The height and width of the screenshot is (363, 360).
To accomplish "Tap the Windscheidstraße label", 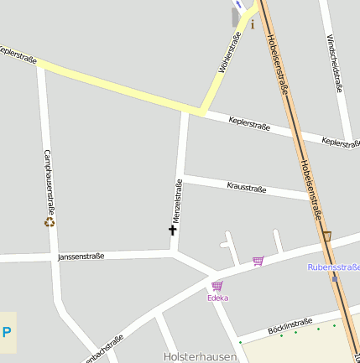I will coord(336,63).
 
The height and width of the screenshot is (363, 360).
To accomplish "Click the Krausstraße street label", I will coord(246,188).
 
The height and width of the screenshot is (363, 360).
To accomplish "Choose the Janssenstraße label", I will coord(81,256).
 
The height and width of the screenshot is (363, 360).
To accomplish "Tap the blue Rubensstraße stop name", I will coord(334,267).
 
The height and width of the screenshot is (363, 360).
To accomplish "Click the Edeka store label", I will coord(218,298).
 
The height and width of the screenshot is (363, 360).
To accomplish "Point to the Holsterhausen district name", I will coord(201,356).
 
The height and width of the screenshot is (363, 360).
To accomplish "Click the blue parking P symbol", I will coord(7,332).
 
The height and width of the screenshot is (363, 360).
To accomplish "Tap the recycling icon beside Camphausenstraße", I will coord(50,222).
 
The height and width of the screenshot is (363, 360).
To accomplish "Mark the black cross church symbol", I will coord(173,229).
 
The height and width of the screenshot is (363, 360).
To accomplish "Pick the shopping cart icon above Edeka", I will coord(217,286).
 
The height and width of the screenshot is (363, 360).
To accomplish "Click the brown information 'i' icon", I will coord(253,23).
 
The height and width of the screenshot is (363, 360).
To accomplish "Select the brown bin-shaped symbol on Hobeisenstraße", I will coord(326,236).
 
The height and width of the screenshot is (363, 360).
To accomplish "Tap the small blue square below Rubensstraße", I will coord(334,278).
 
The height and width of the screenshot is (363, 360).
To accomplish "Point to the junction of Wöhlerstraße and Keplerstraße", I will coord(201,110).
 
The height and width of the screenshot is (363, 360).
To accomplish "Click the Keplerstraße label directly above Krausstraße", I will coord(248,123).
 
